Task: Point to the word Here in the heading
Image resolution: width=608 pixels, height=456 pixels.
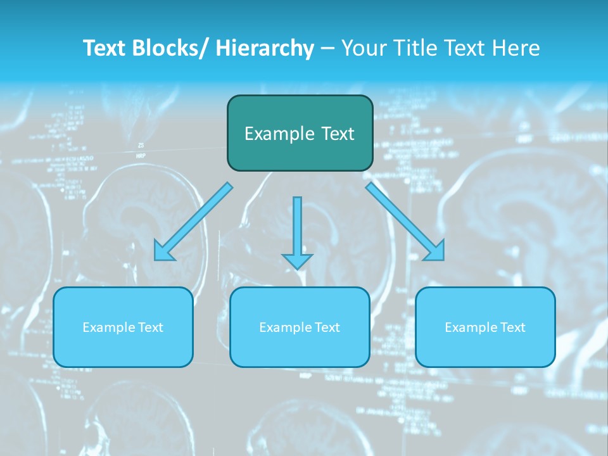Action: pyautogui.click(x=517, y=48)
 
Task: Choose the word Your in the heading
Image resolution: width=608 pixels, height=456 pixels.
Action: pyautogui.click(x=363, y=48)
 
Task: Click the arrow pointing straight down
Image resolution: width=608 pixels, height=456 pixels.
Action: pyautogui.click(x=297, y=228)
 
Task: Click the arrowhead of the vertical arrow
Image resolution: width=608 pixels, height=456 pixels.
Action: pyautogui.click(x=297, y=260)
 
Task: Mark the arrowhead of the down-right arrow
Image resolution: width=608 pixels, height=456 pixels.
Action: pyautogui.click(x=435, y=251)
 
